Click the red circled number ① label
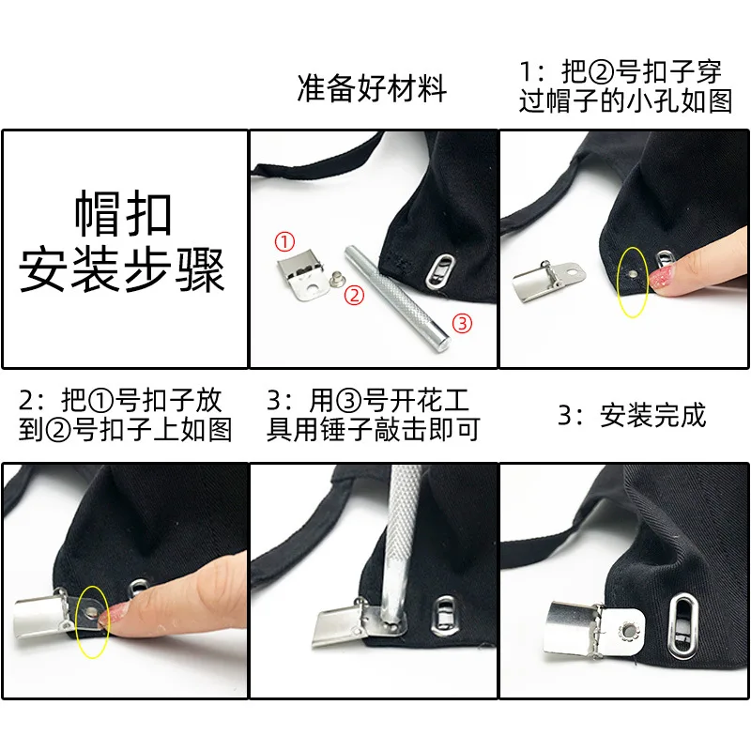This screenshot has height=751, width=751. tap(284, 241)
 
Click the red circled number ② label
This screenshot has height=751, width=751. tap(355, 295)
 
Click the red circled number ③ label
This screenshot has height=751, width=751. tap(462, 323)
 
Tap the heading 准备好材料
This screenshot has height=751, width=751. tap(372, 88)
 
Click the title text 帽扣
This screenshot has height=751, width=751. tap(123, 213)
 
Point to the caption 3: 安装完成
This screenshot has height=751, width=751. tap(632, 415)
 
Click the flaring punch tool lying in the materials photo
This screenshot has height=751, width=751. tap(397, 299)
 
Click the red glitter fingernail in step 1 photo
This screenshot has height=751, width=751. tap(661, 279)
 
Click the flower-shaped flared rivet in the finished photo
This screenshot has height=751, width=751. tap(627, 630)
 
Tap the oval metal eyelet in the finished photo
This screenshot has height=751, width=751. tap(683, 625)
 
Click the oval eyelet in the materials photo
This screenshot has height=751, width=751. tap(440, 271)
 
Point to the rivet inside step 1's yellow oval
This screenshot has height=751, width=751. tap(633, 273)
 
